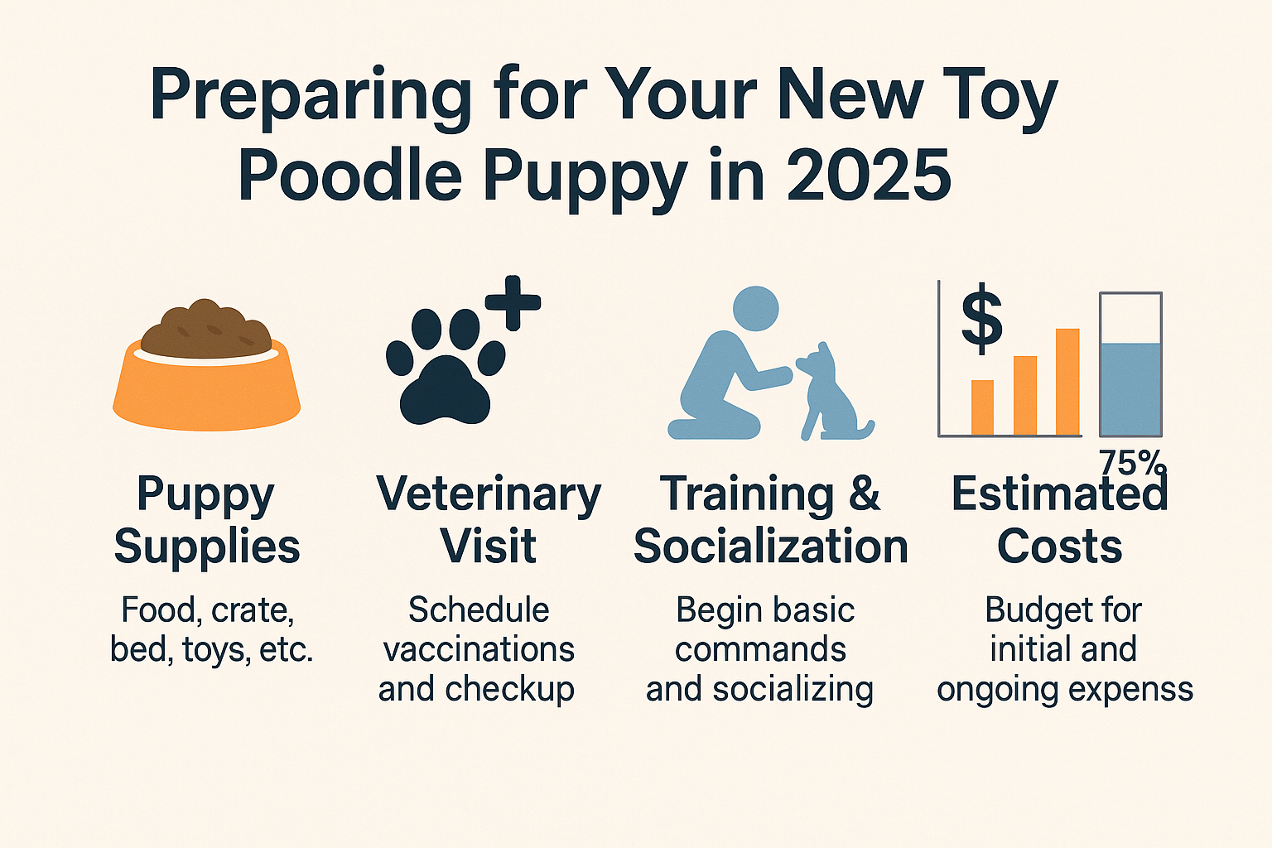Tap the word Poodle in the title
point(350,176)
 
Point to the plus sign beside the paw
point(513,303)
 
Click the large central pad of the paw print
point(445,391)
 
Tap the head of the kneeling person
point(755,309)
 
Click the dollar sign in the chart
point(981,319)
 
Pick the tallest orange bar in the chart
point(1067,382)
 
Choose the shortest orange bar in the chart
point(982,407)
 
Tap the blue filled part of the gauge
point(1130,388)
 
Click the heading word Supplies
point(206,547)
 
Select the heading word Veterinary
point(489,494)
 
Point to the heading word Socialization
point(771,547)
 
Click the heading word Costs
point(1059,547)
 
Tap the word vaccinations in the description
point(479,649)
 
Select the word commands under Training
point(760,649)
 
